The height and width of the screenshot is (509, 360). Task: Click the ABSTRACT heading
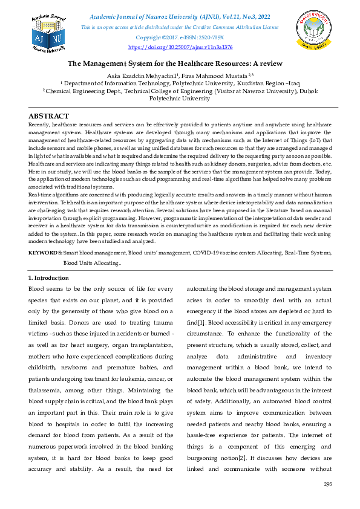(48, 116)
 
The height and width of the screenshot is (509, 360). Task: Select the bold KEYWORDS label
(45, 251)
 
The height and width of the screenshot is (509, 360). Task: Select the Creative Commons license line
(180, 28)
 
